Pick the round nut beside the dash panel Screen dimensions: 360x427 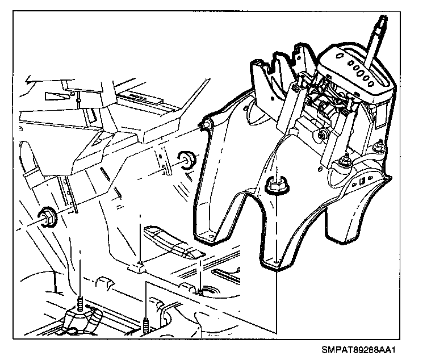[x=186, y=159]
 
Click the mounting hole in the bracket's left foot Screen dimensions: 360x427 [x=211, y=235]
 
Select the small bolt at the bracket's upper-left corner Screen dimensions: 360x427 [x=209, y=124]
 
